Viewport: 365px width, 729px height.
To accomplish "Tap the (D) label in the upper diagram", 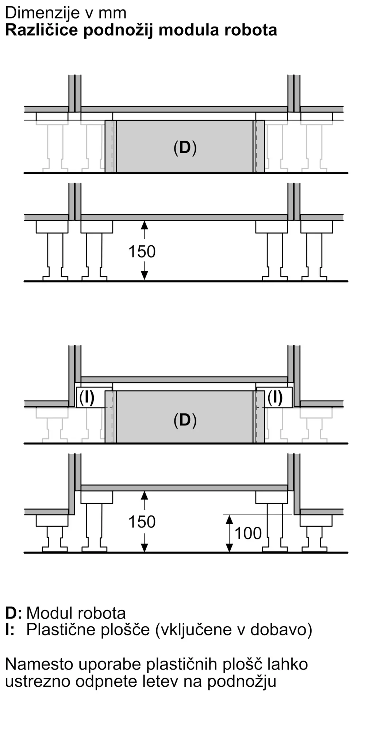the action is pyautogui.click(x=185, y=148).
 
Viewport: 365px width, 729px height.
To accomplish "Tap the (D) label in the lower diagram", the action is pyautogui.click(x=185, y=420).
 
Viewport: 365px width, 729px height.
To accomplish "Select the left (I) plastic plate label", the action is pyautogui.click(x=87, y=398).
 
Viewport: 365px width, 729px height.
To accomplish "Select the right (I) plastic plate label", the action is pyautogui.click(x=275, y=398).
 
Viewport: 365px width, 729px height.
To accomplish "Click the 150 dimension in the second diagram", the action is pyautogui.click(x=142, y=252).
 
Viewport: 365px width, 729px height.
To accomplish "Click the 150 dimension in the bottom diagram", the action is pyautogui.click(x=142, y=522).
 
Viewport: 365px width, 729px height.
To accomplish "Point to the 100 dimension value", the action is pyautogui.click(x=248, y=533).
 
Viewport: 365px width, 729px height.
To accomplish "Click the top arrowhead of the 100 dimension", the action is pyautogui.click(x=229, y=519).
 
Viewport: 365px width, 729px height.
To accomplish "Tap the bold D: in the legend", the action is pyautogui.click(x=14, y=613).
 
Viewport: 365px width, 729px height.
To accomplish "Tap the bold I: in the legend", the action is pyautogui.click(x=10, y=629).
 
